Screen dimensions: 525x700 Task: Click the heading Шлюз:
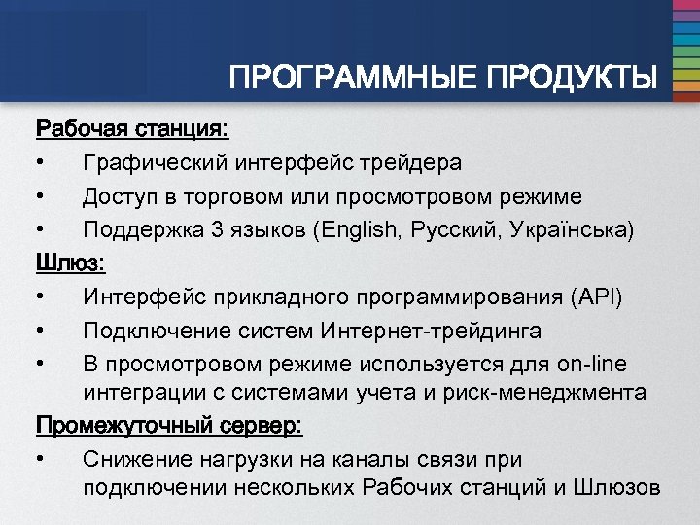pyautogui.click(x=71, y=262)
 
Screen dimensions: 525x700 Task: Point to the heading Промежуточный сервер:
pyautogui.click(x=169, y=426)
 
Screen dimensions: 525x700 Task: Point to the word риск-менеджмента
pyautogui.click(x=551, y=393)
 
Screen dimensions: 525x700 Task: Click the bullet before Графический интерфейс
pyautogui.click(x=41, y=163)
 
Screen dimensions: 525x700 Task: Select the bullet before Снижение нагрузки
pyautogui.click(x=41, y=459)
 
